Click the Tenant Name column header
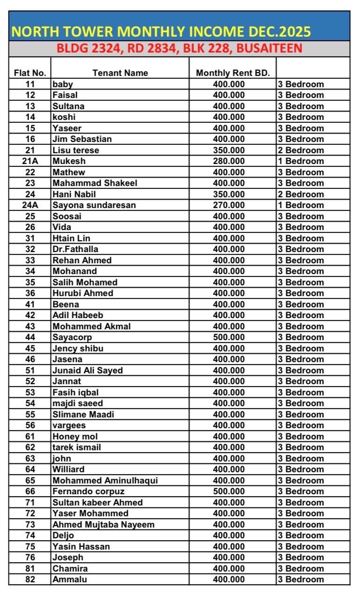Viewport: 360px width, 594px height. point(120,73)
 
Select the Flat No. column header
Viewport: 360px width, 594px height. point(29,73)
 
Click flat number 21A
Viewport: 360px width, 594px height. point(29,161)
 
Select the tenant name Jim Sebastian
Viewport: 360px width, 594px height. point(82,139)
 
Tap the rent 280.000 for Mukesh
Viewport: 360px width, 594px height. point(228,161)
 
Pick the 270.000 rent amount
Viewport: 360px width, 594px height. point(228,205)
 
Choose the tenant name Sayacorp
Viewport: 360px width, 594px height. point(72,337)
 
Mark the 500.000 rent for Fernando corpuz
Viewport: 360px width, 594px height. point(228,491)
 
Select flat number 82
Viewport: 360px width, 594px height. point(29,579)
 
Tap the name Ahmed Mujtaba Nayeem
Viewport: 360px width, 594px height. point(103,525)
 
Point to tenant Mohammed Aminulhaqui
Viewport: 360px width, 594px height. point(105,481)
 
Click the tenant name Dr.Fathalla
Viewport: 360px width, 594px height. point(75,249)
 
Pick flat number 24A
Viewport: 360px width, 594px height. point(29,205)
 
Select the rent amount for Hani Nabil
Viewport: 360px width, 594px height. point(228,194)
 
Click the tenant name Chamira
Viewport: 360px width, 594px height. point(70,569)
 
